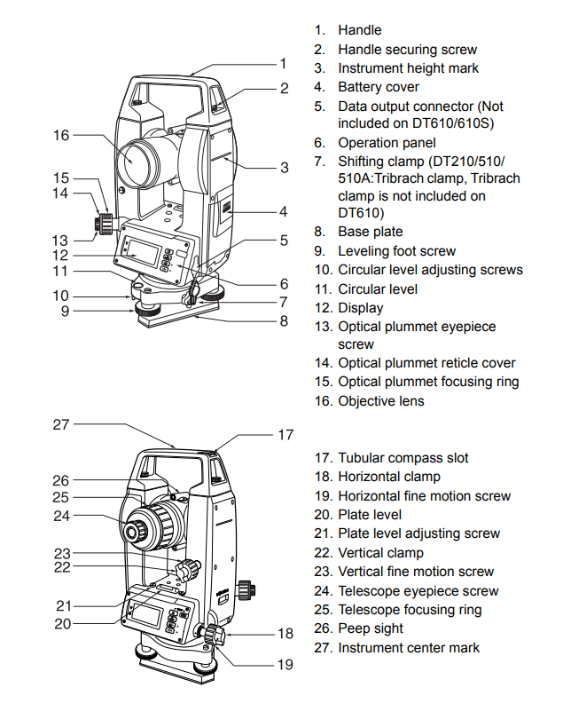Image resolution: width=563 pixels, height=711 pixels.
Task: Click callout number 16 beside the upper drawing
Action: pos(61,135)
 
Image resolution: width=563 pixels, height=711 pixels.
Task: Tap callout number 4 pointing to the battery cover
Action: pos(284,211)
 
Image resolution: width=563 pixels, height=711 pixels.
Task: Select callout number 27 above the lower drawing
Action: pos(61,424)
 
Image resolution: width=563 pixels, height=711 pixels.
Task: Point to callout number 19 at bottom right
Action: pos(285,664)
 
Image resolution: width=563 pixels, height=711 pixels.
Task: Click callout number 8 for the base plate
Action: pos(284,321)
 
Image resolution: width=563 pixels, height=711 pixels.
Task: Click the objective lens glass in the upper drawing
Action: pos(132,161)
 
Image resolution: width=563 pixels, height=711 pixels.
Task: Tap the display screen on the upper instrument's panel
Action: pos(143,252)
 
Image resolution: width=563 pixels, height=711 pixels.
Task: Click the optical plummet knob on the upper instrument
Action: pos(103,223)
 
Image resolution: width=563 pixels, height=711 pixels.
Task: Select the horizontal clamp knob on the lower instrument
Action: pos(214,634)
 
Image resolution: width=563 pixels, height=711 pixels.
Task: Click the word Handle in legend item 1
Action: pos(360,30)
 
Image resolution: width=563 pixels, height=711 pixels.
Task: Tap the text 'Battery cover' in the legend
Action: pos(379,87)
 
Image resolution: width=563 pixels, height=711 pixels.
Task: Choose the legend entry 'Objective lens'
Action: pos(381,401)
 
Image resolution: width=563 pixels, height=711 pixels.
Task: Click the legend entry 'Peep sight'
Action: pos(371,628)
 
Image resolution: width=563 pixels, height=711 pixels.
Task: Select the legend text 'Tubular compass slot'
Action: pos(403,458)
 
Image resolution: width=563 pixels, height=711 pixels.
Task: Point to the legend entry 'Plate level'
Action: pos(370,515)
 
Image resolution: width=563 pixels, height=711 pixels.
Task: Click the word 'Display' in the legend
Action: pos(361,308)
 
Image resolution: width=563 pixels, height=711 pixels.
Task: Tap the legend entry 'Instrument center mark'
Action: pos(409,647)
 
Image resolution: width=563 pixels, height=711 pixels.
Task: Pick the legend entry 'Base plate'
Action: pos(370,232)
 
